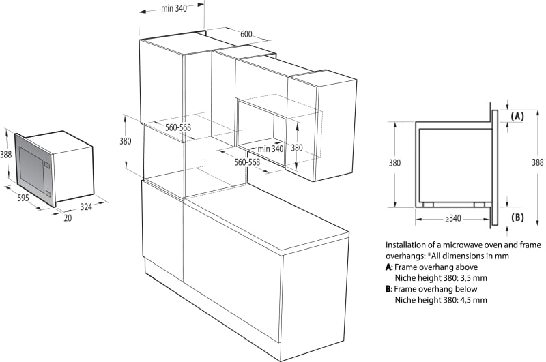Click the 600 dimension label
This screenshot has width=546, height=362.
coord(246,34)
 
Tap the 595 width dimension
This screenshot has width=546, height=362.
coord(23,198)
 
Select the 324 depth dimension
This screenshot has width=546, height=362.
coord(86,207)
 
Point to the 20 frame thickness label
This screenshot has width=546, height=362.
coord(68,218)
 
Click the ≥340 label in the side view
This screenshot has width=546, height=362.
coord(452,218)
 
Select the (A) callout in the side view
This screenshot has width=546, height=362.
coord(517,116)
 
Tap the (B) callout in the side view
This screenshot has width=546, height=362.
coord(517,217)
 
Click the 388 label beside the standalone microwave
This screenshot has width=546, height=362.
coord(5,154)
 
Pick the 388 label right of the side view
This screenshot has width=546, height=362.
coord(537,162)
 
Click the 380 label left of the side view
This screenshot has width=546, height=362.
coord(394,163)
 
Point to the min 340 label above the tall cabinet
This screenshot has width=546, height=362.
coord(174,8)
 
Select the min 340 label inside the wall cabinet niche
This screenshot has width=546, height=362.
coord(270,149)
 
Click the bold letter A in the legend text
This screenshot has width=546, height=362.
coord(388,267)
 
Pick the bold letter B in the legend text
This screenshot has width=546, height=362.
coord(388,289)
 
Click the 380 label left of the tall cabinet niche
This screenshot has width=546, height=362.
coord(126,141)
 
